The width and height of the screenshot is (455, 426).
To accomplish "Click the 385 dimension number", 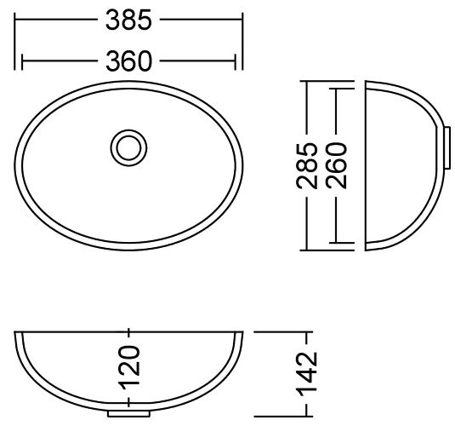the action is (x=128, y=20).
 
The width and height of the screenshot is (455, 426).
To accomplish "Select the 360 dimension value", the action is (x=128, y=61).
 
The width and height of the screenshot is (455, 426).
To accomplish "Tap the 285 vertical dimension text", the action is (x=307, y=165).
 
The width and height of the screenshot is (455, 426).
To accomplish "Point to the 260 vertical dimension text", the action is (x=336, y=165).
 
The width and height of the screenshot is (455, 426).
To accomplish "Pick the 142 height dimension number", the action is (x=307, y=374).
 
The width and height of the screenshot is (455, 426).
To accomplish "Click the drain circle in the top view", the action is (x=128, y=147).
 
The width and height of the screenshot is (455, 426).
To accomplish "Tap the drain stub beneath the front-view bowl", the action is (x=128, y=413).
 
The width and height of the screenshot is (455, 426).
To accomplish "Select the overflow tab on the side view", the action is (x=447, y=147).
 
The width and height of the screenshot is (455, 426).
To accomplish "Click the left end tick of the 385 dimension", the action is (x=14, y=41).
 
